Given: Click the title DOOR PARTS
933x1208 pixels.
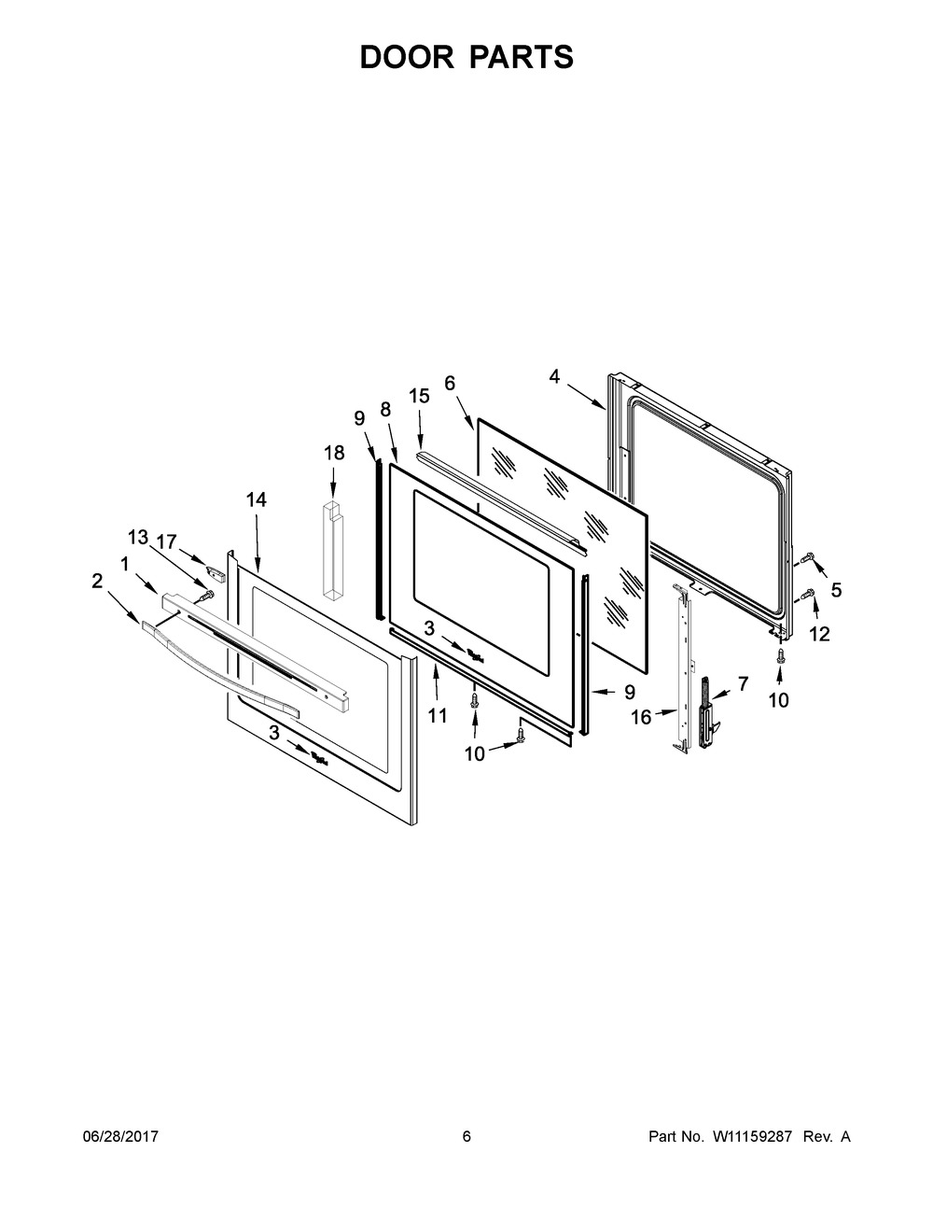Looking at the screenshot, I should (x=466, y=57).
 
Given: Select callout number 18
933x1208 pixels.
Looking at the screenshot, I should (x=334, y=453).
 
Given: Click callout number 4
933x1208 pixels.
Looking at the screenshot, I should (x=554, y=376).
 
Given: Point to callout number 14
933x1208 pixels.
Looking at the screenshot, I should (x=256, y=500).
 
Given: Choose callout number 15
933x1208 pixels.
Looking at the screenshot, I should (x=419, y=396).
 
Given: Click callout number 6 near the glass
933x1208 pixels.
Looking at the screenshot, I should (x=450, y=383).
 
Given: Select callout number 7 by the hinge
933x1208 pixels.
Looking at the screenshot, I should (x=743, y=683).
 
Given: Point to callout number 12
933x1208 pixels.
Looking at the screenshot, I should (x=819, y=634).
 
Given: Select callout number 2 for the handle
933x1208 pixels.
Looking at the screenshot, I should (x=97, y=581).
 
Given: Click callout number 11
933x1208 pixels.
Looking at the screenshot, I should (x=437, y=716).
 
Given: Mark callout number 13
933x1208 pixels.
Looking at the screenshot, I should (x=137, y=537).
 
